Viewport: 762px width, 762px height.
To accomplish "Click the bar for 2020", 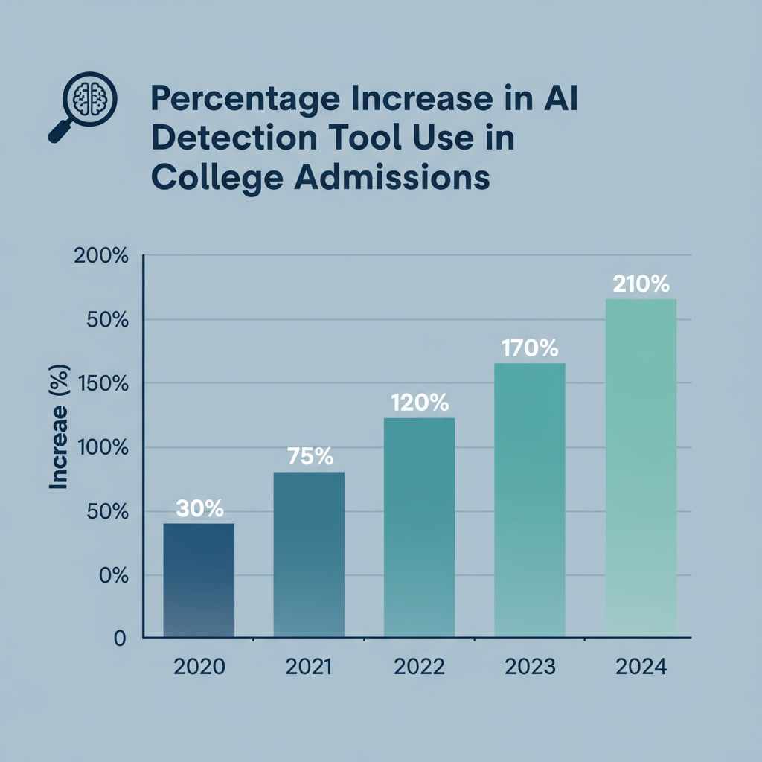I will point(199,580).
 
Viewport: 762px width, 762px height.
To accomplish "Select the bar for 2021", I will point(309,554).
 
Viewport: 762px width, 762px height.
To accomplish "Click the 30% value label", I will point(199,509).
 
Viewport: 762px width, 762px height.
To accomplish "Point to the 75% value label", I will point(310,456).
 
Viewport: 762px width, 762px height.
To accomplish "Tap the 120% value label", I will point(420,403).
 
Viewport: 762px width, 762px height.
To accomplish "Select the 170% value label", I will point(530,348).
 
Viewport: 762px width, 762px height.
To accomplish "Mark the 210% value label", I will point(641,284).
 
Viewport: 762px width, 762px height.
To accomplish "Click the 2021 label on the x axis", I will point(309,666).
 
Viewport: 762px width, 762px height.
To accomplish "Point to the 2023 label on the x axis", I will point(530,666).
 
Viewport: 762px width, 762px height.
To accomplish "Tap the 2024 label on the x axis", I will point(641,666).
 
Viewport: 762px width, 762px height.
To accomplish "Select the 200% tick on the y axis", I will point(103,257).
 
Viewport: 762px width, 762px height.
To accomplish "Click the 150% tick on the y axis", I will point(103,384).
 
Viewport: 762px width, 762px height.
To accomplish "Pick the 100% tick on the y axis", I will point(103,448).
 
